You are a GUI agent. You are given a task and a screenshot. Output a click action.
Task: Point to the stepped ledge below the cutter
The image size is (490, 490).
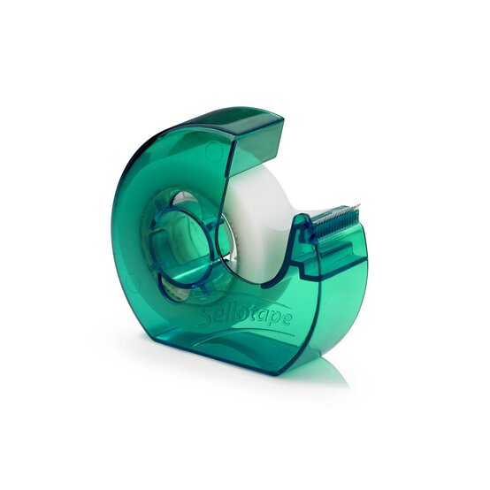pyautogui.click(x=341, y=261)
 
